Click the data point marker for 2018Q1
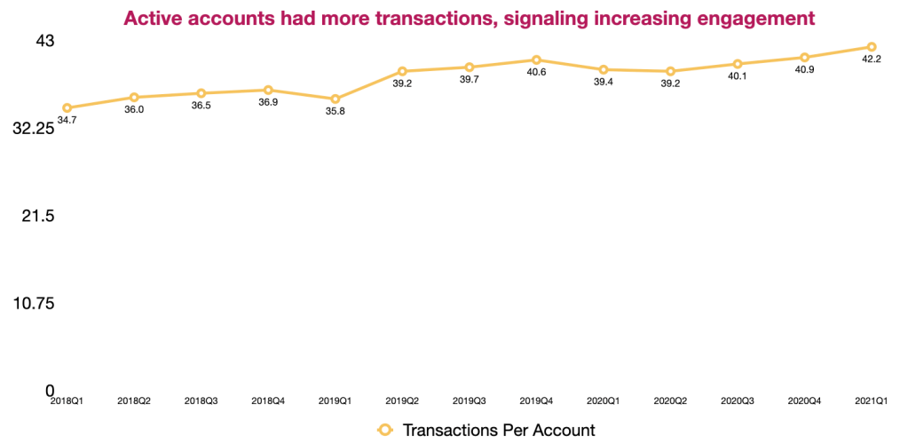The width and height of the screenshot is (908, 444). coord(67,107)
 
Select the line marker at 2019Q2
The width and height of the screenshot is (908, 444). coord(402,71)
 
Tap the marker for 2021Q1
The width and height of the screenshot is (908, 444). coord(872,47)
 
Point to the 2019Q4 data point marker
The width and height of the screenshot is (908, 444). coord(536,59)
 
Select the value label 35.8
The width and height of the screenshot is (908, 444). coord(336,111)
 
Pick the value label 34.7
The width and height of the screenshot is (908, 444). coord(67,120)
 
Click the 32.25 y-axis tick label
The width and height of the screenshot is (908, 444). coord(34,129)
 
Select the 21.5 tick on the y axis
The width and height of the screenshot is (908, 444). coord(39,216)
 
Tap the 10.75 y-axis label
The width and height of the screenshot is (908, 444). coord(34,303)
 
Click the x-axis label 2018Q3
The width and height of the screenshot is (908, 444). coord(201,401)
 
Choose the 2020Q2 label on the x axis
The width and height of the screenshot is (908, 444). coord(670,401)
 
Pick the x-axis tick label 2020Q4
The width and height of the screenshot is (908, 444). coord(804,401)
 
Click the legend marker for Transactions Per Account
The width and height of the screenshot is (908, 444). coord(384,430)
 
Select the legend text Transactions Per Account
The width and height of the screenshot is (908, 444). coord(499,430)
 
